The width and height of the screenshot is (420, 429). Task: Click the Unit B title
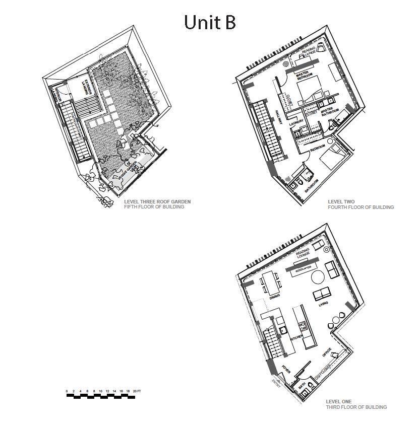point(210,22)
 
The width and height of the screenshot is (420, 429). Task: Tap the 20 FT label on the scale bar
point(137,391)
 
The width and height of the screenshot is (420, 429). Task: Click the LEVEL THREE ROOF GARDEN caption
point(157,202)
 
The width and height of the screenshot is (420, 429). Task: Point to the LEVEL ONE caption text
point(339,401)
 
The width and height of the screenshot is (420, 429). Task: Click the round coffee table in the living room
point(318,276)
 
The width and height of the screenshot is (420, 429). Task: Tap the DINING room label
point(274,298)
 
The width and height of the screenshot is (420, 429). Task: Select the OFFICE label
point(327,352)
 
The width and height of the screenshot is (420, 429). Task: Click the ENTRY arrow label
point(276,383)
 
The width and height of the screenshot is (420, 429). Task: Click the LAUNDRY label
point(296,122)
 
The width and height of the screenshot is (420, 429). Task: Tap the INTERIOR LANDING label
point(59,96)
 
